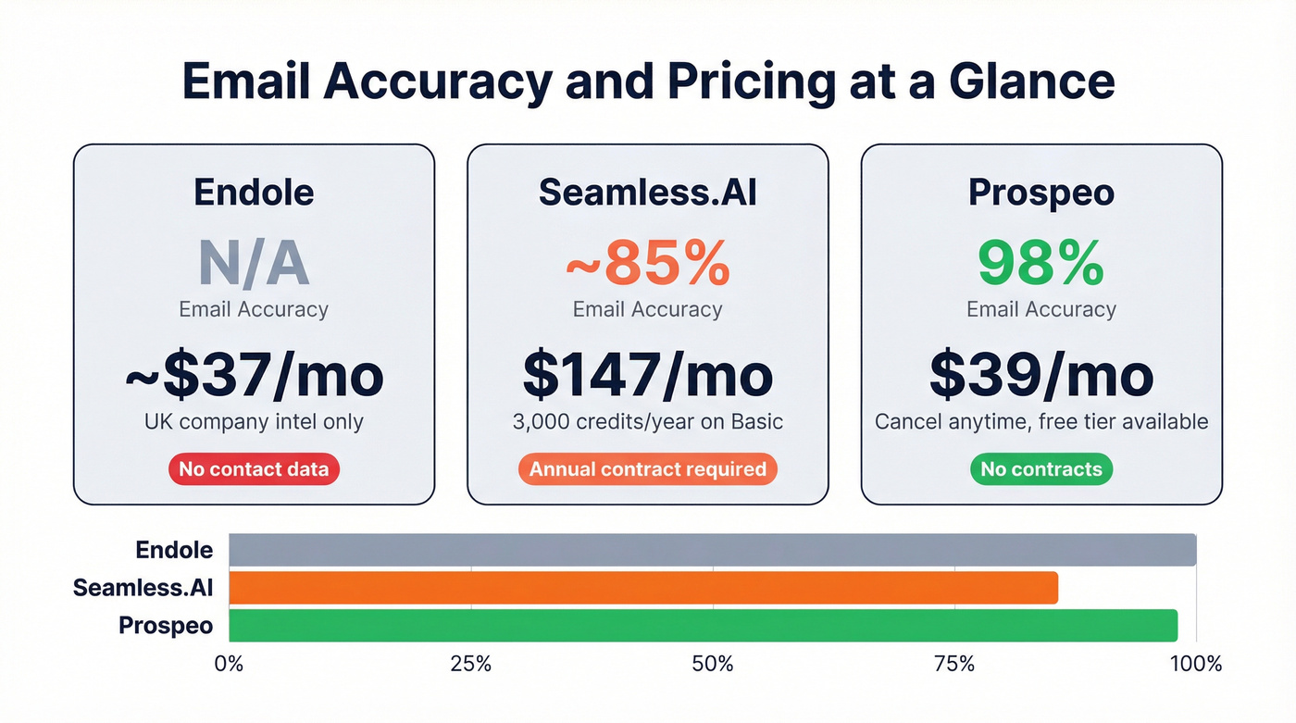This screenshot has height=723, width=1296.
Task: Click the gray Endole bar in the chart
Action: [712, 550]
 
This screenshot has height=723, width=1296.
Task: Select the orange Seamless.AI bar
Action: [642, 588]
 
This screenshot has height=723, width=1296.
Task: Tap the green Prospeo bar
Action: [703, 626]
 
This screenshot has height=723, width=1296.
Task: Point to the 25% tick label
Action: [470, 664]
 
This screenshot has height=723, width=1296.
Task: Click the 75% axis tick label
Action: [954, 664]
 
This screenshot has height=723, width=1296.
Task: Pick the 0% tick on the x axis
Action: [229, 664]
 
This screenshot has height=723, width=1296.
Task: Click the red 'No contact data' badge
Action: [254, 469]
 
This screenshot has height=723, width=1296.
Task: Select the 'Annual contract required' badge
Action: [647, 469]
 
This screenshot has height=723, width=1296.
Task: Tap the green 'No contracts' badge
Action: [1041, 469]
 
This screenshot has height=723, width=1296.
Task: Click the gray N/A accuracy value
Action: [253, 264]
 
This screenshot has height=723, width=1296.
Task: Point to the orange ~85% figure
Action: [647, 264]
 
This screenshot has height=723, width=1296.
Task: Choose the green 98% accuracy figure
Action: [1041, 264]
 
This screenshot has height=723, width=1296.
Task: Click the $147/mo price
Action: [647, 375]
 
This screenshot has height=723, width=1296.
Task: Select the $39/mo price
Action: [1041, 375]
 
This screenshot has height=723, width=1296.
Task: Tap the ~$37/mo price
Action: [254, 375]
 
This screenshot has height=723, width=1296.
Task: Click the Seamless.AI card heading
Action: [647, 192]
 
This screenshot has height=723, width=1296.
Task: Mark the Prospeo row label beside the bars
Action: [166, 626]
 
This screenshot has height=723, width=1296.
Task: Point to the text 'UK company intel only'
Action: [254, 422]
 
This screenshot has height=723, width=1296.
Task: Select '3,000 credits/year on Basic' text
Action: [647, 422]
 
